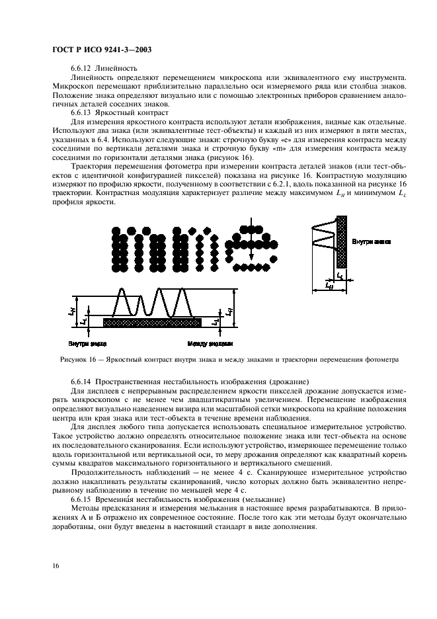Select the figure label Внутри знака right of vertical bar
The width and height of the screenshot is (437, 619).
371,241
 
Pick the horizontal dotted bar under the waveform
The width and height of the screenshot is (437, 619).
152,322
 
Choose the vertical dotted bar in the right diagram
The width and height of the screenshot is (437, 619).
342,242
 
